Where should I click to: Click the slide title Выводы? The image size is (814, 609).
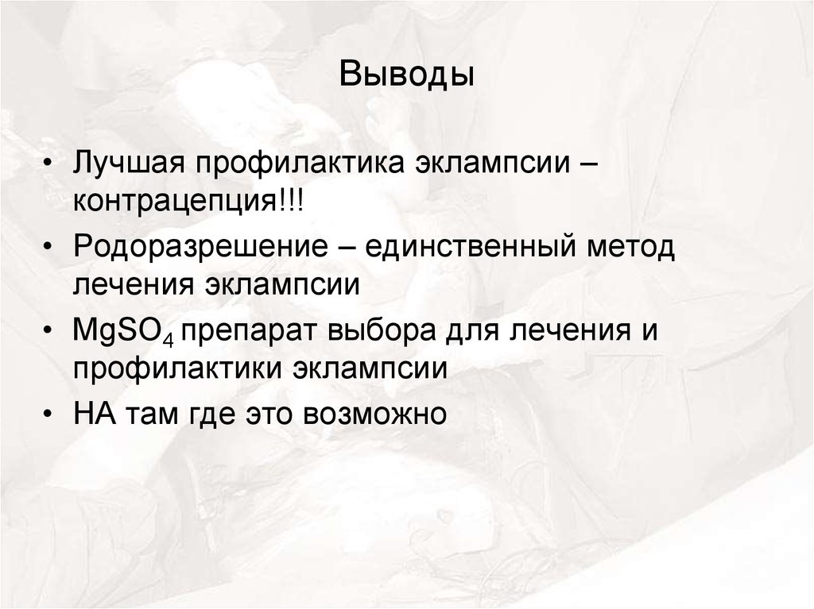tap(407, 76)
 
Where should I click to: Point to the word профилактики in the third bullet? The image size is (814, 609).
tap(178, 368)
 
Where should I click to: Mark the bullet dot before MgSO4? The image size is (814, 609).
tap(50, 331)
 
